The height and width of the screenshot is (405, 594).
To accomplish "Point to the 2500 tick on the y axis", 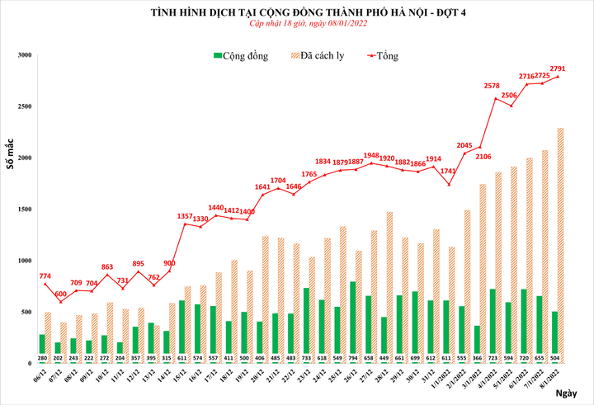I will pyautogui.click(x=24, y=106).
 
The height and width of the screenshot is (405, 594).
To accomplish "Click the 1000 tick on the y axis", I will pyautogui.click(x=24, y=261).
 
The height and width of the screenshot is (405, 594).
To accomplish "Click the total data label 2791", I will pyautogui.click(x=558, y=68).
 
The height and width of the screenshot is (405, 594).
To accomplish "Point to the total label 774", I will pyautogui.click(x=45, y=275).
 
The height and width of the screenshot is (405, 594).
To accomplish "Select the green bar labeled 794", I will pyautogui.click(x=352, y=323).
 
